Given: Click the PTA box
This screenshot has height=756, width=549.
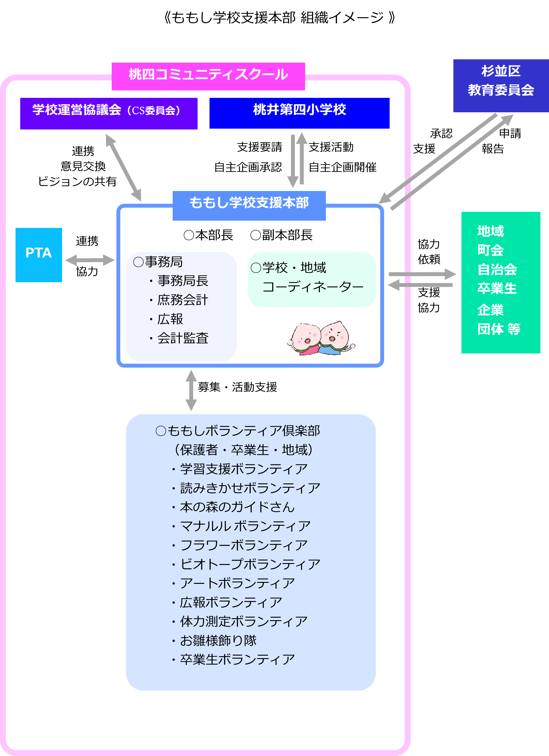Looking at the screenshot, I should (39, 255).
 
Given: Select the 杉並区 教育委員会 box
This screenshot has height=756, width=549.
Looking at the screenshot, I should (501, 86).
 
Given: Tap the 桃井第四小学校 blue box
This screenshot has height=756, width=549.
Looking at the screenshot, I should (299, 113).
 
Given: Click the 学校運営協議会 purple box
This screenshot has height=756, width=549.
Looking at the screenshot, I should (109, 113).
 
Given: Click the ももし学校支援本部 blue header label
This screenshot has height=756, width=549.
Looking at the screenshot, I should (249, 205).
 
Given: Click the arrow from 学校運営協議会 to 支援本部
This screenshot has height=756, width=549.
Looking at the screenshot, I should (123, 167).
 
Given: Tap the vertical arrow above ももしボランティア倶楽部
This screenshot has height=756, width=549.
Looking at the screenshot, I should (191, 390).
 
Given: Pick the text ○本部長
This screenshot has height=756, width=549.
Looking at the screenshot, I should (208, 235).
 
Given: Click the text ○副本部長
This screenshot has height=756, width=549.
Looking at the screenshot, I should (282, 235).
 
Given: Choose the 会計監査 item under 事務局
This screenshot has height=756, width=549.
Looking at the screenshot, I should (182, 338).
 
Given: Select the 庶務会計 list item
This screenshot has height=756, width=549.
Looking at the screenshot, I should (182, 300).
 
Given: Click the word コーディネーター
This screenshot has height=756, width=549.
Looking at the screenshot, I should (313, 287).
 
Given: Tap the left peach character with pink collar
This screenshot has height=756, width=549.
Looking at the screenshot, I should (304, 338).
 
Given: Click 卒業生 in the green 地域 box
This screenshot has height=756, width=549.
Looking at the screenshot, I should (497, 288).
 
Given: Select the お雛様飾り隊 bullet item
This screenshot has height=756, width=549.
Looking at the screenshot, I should (218, 640).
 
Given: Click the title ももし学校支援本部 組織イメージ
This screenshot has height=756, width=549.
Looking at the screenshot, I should (280, 18).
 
